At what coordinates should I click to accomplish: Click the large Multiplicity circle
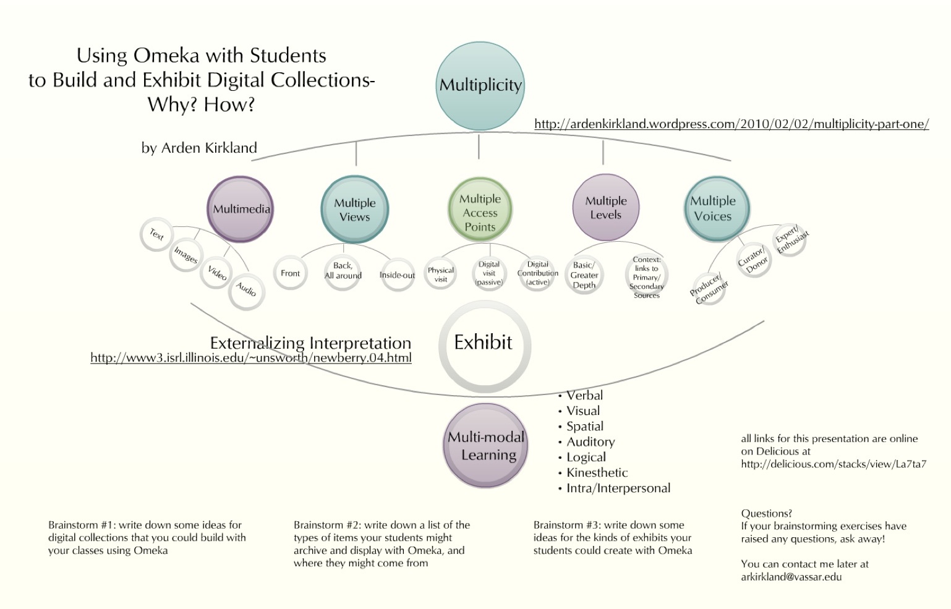pyautogui.click(x=480, y=86)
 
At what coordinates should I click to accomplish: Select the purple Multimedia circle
pyautogui.click(x=241, y=209)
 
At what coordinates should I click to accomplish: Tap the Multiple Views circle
pyautogui.click(x=354, y=210)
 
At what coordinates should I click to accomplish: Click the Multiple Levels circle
pyautogui.click(x=605, y=208)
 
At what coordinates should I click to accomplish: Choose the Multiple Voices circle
pyautogui.click(x=716, y=208)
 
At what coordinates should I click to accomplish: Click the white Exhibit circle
pyautogui.click(x=484, y=346)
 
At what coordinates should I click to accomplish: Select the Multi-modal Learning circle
pyautogui.click(x=485, y=446)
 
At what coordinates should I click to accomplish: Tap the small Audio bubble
pyautogui.click(x=246, y=290)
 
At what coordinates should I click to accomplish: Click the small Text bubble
pyautogui.click(x=156, y=234)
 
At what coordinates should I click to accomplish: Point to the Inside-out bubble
pyautogui.click(x=397, y=275)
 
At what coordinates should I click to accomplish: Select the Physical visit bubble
pyautogui.click(x=441, y=275)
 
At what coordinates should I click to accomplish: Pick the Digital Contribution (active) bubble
pyautogui.click(x=537, y=273)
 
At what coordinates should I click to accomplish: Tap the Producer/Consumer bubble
pyautogui.click(x=709, y=289)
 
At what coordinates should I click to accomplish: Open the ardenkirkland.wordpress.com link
pyautogui.click(x=731, y=124)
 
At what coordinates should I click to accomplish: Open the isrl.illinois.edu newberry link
pyautogui.click(x=250, y=358)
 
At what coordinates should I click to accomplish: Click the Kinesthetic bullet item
pyautogui.click(x=597, y=473)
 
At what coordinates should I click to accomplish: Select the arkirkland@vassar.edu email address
pyautogui.click(x=791, y=577)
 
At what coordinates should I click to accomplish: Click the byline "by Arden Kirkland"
pyautogui.click(x=199, y=148)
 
